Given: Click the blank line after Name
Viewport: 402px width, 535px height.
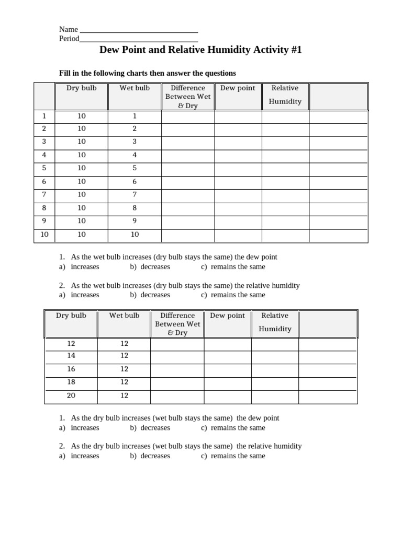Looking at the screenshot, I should point(139,30).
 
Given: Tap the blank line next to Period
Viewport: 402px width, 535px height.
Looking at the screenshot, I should point(139,40).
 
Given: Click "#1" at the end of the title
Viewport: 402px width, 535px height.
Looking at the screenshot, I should point(295,50).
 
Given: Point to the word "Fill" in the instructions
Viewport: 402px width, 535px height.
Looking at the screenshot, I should point(65,73).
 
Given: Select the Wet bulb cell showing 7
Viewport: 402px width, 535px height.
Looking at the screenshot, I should point(135,194).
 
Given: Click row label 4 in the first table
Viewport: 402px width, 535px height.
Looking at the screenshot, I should point(44,155).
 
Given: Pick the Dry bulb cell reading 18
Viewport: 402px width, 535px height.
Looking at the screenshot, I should point(71,382).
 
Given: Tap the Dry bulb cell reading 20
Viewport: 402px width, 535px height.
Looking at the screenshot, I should point(71,396).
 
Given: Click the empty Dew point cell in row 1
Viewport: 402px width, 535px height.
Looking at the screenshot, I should point(238,116).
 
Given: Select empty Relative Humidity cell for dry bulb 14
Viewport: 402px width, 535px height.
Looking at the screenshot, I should point(275,356).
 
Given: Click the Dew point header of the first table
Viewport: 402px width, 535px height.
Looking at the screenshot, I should point(238,88).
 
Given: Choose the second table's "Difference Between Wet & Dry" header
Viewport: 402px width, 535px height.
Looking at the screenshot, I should point(177,324).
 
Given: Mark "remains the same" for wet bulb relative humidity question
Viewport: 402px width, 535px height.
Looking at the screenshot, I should point(238,295).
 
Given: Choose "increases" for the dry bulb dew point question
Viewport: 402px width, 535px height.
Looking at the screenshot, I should point(85,427).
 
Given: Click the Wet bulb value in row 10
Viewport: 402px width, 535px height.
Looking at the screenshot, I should point(135,235).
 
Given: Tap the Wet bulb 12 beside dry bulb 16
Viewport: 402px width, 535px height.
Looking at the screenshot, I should point(124,369).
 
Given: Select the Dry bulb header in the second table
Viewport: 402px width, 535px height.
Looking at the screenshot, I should point(71,316).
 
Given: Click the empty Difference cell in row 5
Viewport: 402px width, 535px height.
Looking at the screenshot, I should point(188,168).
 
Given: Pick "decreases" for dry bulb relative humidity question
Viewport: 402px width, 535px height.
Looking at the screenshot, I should point(155,456).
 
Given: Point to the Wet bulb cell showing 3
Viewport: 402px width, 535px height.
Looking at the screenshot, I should point(135,142).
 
